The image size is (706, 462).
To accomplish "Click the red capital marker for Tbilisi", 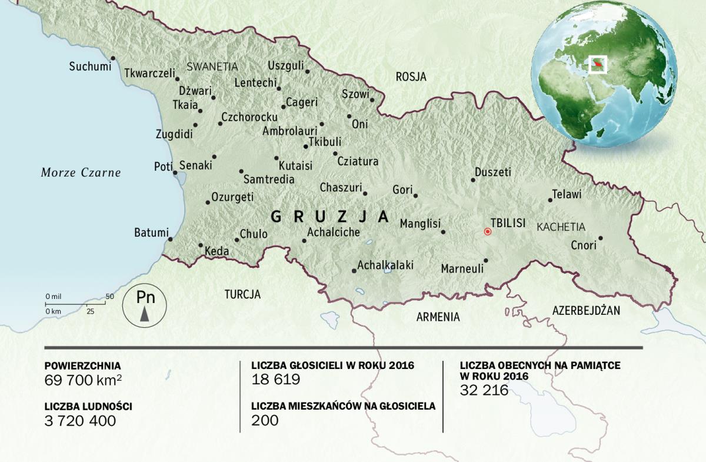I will [x=487, y=232].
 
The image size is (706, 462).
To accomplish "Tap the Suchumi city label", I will [x=90, y=67].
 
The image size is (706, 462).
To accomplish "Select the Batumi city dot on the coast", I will [x=170, y=239].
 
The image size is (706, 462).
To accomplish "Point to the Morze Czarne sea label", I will [x=81, y=172].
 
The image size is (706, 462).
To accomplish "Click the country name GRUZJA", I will [x=329, y=217].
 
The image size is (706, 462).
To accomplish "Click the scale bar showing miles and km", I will [x=75, y=303].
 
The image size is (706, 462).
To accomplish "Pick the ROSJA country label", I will [x=411, y=77].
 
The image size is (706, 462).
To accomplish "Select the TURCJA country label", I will [x=242, y=294].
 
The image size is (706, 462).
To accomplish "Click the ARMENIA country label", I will [x=438, y=317].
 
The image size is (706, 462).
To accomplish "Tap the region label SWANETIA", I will [x=212, y=67].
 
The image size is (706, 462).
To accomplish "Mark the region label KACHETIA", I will [x=561, y=227].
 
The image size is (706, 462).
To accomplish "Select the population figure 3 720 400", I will [x=80, y=420].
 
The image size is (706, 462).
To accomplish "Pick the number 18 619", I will [x=275, y=380].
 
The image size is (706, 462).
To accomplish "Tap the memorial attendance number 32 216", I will [x=484, y=390].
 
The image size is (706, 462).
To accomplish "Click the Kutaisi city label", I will [x=295, y=165].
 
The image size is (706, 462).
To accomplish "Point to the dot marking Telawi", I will [x=550, y=200].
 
